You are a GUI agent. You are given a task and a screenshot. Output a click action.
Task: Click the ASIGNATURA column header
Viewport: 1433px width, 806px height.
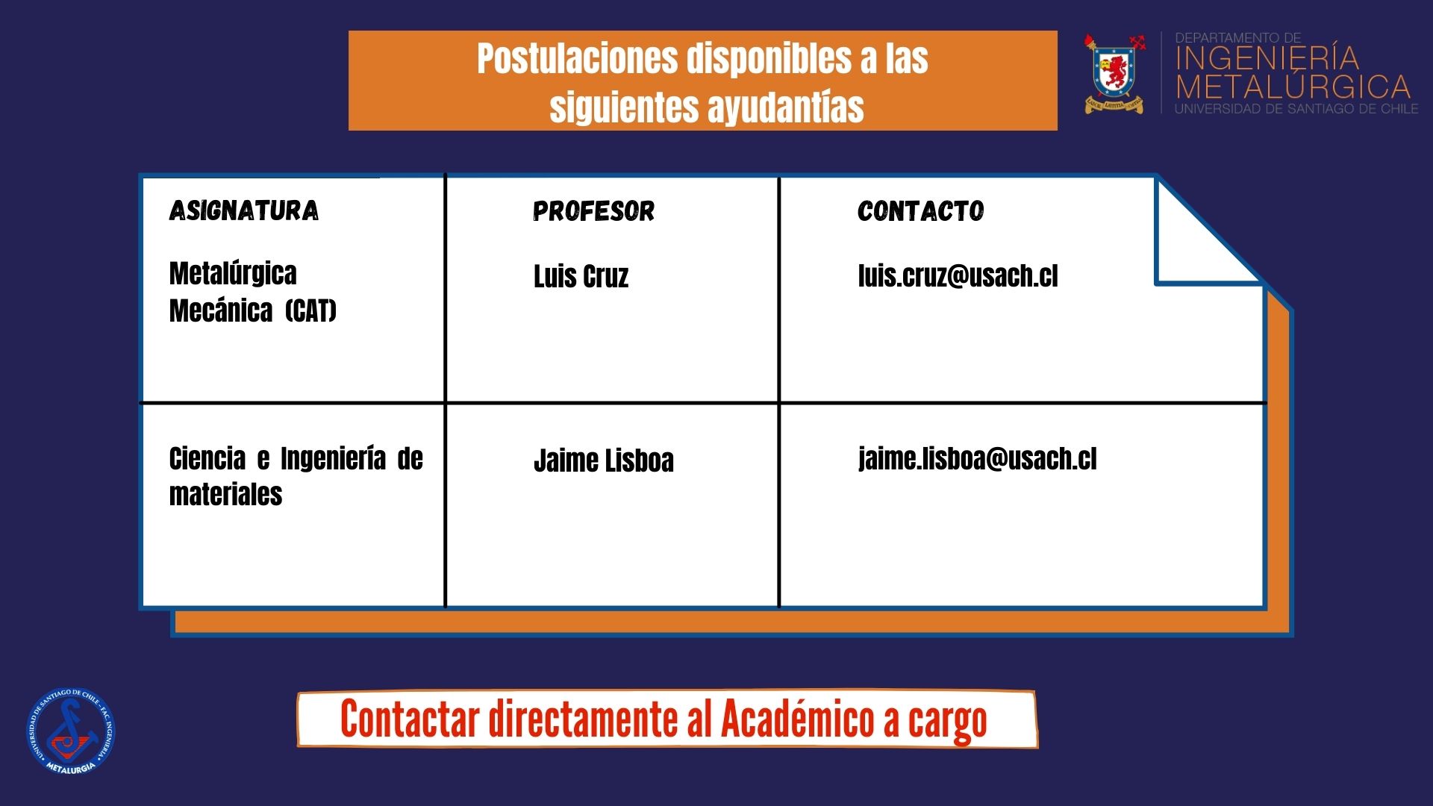[244, 211]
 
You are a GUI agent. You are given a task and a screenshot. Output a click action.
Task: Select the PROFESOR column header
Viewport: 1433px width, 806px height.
[594, 212]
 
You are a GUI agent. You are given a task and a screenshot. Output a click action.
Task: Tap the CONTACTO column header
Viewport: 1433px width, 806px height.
[921, 212]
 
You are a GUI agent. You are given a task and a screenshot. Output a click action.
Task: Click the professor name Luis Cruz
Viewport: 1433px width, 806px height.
[581, 276]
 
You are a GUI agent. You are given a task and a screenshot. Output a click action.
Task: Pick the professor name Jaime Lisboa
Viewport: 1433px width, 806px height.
[604, 460]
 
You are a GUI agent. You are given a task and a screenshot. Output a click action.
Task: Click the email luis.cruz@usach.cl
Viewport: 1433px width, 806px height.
[958, 275]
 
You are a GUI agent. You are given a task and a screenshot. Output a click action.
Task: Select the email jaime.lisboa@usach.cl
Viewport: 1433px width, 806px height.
[978, 459]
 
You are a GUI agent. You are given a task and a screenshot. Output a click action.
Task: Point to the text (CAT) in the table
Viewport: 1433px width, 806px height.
[310, 310]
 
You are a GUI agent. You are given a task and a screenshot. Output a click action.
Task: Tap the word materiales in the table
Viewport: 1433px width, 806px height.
[225, 494]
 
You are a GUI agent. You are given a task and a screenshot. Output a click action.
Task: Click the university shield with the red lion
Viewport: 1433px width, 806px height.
[1114, 74]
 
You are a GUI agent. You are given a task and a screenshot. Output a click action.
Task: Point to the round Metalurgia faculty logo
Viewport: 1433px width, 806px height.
[72, 731]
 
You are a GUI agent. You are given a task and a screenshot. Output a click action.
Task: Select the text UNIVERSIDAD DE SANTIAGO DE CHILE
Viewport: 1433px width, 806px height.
[1297, 109]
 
